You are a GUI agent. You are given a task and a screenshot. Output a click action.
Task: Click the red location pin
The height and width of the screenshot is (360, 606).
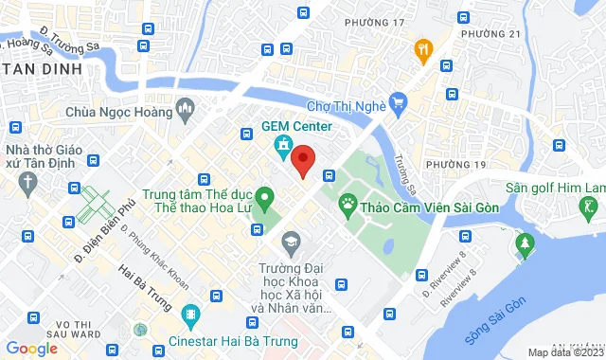click(302, 160)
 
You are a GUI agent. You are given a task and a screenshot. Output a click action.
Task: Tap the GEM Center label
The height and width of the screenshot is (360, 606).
click(296, 127)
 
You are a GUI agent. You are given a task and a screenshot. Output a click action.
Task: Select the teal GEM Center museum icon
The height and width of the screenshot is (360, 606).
click(282, 146)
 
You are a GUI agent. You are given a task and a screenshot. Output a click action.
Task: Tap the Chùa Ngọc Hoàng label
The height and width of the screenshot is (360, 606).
click(119, 111)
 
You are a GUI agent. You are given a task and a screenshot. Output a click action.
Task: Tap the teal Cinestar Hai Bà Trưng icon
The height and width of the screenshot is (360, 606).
click(191, 314)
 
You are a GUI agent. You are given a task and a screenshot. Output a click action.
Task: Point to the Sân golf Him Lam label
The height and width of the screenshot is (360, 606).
click(555, 188)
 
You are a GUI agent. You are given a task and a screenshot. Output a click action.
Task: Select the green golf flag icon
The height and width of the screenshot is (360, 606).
click(592, 207)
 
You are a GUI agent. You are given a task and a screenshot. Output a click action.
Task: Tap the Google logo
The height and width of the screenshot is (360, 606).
click(31, 348)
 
